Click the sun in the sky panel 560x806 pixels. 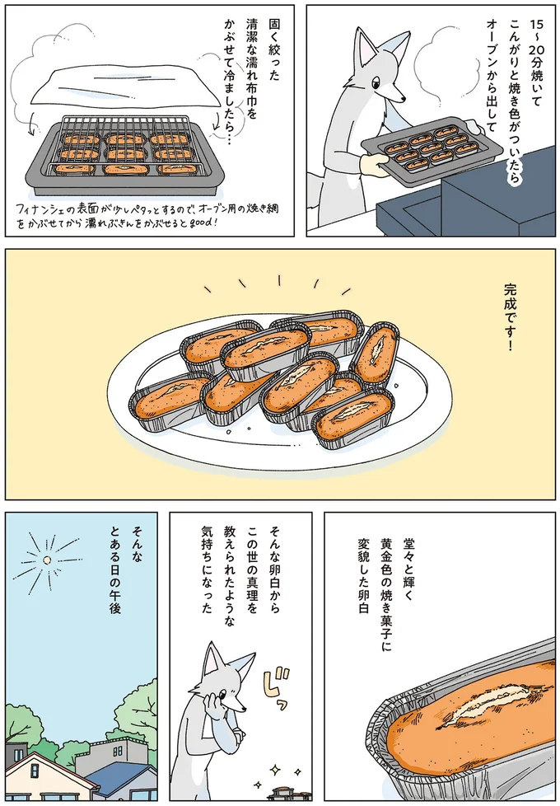click(x=48, y=560)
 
